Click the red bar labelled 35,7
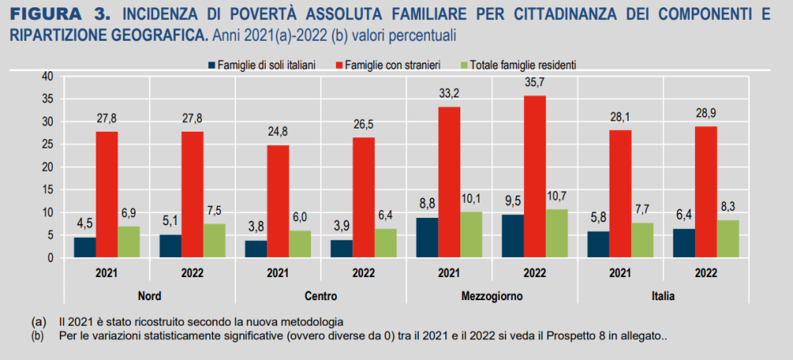pyautogui.click(x=535, y=176)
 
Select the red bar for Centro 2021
pyautogui.click(x=278, y=201)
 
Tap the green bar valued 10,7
pyautogui.click(x=556, y=233)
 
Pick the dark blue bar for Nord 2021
pyautogui.click(x=85, y=247)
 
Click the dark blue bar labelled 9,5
pyautogui.click(x=513, y=236)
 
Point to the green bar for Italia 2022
pyautogui.click(x=728, y=239)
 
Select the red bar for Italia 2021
pyautogui.click(x=620, y=194)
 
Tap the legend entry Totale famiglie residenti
pyautogui.click(x=523, y=64)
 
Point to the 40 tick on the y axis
pyautogui.click(x=47, y=76)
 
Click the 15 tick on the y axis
pyautogui.click(x=47, y=190)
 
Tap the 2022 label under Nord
pyautogui.click(x=192, y=273)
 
